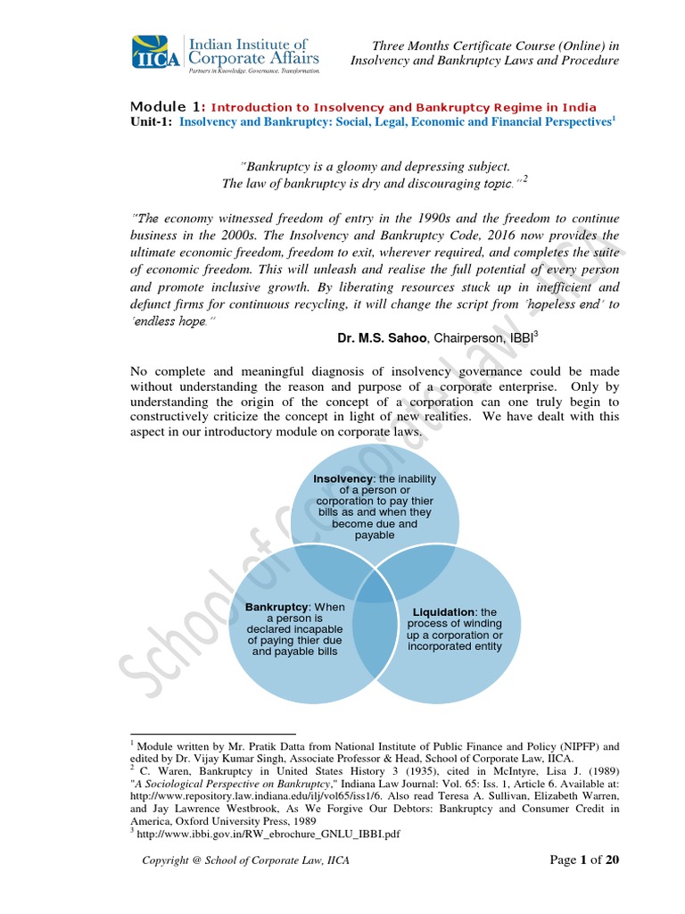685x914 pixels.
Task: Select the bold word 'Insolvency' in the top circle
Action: [x=342, y=479]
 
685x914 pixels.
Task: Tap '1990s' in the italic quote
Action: [x=409, y=219]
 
